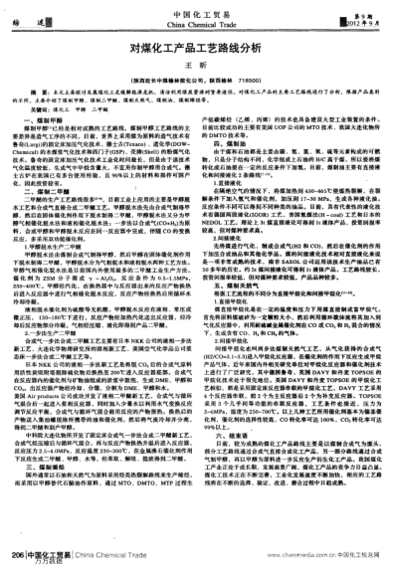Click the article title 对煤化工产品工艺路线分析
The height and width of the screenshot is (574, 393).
196,47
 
